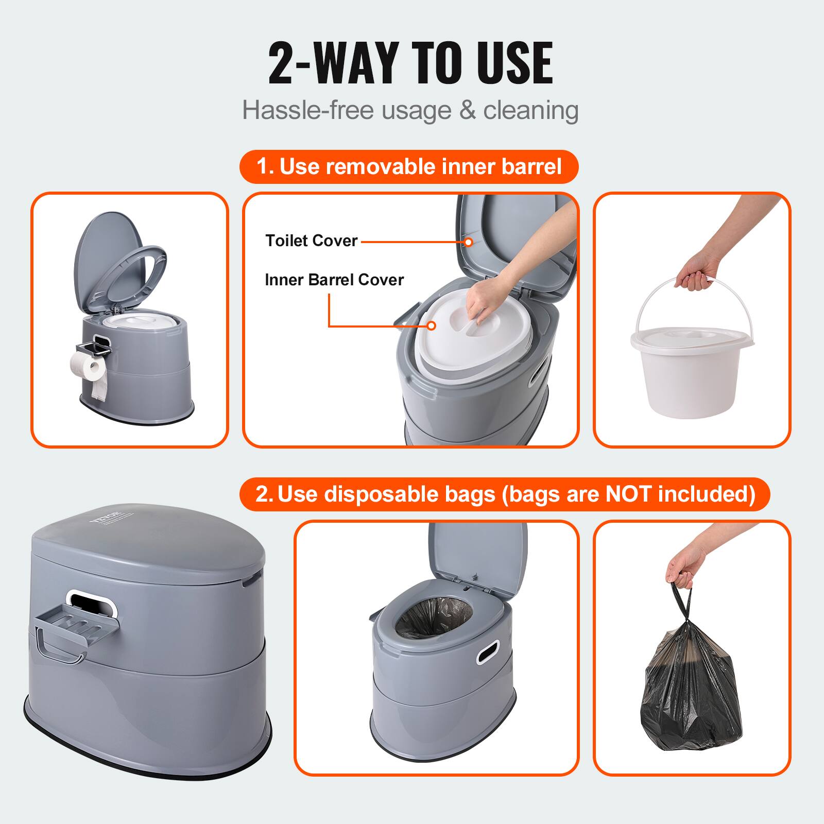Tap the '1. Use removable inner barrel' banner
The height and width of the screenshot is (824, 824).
click(409, 167)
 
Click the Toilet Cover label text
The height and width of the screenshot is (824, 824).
click(311, 241)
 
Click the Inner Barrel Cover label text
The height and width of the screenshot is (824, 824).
click(334, 280)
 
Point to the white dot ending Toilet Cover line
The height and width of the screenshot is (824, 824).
click(468, 242)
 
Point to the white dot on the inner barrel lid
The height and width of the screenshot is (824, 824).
click(432, 325)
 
